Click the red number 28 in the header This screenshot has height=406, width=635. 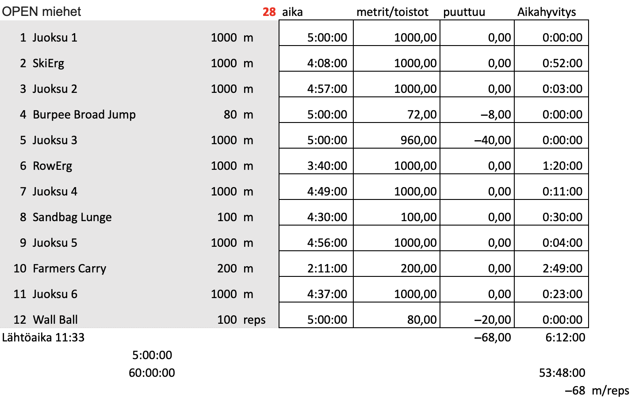(269, 12)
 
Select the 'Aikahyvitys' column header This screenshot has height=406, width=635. (547, 12)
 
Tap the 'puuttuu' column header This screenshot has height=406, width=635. (464, 12)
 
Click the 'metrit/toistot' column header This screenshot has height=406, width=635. (392, 12)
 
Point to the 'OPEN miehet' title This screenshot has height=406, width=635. (42, 11)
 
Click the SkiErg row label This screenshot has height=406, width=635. (48, 63)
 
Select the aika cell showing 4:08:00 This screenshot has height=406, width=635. (327, 63)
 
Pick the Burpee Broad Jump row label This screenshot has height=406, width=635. (84, 115)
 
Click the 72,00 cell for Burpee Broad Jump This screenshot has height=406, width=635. (422, 115)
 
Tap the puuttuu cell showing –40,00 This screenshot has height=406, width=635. (493, 140)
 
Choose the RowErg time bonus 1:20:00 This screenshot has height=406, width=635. (562, 166)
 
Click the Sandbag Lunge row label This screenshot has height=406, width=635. (72, 217)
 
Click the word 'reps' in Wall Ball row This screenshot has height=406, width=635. (254, 320)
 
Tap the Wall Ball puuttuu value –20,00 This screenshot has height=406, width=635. (493, 320)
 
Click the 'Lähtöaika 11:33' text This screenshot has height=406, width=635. (43, 337)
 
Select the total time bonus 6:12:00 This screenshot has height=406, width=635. (565, 337)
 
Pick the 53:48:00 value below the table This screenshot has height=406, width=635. (562, 373)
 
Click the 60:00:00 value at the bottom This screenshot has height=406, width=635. (152, 373)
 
